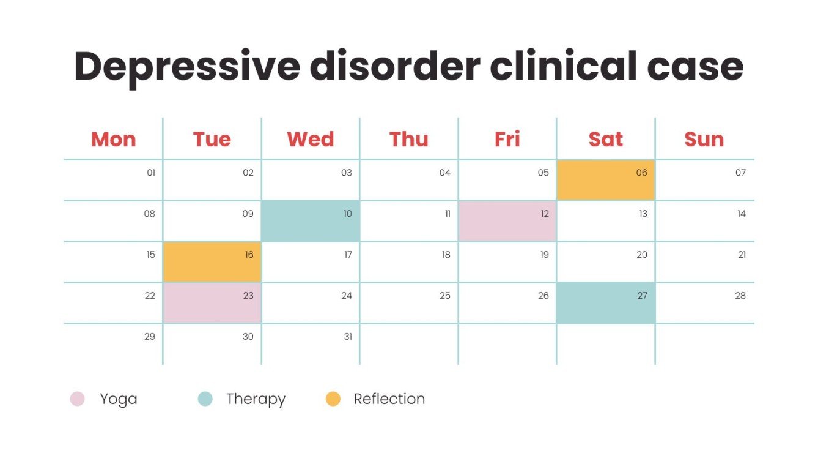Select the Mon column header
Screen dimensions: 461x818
pyautogui.click(x=113, y=139)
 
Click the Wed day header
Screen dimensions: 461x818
pyautogui.click(x=311, y=139)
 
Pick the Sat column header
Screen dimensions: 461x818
pyautogui.click(x=605, y=139)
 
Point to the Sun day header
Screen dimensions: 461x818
pyautogui.click(x=704, y=139)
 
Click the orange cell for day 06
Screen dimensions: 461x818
pyautogui.click(x=605, y=180)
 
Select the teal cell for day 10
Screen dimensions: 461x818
pyautogui.click(x=311, y=221)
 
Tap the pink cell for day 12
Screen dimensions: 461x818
pyautogui.click(x=507, y=221)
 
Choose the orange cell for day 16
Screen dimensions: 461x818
pyautogui.click(x=212, y=262)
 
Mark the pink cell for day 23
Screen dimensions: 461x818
pyautogui.click(x=212, y=303)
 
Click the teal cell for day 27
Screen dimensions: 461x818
pyautogui.click(x=605, y=303)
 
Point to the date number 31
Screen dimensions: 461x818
pyautogui.click(x=348, y=337)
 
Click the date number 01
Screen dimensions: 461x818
pyautogui.click(x=151, y=173)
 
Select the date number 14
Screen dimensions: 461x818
pyautogui.click(x=741, y=214)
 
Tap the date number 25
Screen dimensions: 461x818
pyautogui.click(x=445, y=296)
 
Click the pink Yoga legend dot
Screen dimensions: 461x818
pyautogui.click(x=77, y=399)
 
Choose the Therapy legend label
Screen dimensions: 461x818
pyautogui.click(x=256, y=399)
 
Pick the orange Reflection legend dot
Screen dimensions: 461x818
pyautogui.click(x=333, y=399)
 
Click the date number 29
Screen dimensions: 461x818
pyautogui.click(x=150, y=337)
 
